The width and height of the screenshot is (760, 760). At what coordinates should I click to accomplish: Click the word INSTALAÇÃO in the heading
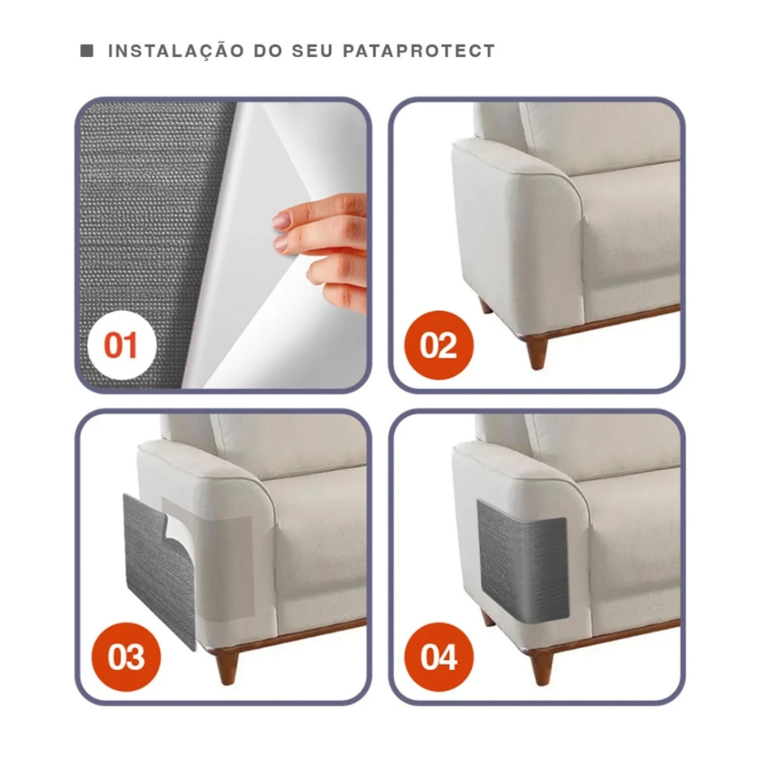pyautogui.click(x=176, y=50)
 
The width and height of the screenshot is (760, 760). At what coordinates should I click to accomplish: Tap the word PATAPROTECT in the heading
pyautogui.click(x=419, y=51)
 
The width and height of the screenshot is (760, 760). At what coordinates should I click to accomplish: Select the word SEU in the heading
pyautogui.click(x=312, y=51)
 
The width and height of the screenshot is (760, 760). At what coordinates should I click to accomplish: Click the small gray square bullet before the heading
pyautogui.click(x=87, y=50)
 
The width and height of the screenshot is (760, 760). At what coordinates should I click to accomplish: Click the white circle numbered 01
pyautogui.click(x=122, y=345)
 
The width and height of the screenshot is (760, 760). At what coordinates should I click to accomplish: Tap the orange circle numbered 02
pyautogui.click(x=439, y=345)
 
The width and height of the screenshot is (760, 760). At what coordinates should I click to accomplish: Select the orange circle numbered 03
pyautogui.click(x=126, y=657)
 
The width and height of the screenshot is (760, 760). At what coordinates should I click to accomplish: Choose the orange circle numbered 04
pyautogui.click(x=439, y=657)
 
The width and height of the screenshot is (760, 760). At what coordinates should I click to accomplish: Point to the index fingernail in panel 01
pyautogui.click(x=281, y=220)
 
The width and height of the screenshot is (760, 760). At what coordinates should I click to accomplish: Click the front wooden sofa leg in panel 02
pyautogui.click(x=537, y=351)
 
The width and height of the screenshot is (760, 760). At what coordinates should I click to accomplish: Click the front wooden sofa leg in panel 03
pyautogui.click(x=227, y=666)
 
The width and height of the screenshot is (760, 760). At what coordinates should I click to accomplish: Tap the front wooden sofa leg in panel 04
pyautogui.click(x=542, y=666)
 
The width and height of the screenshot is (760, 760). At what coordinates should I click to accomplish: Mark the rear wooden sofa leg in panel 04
pyautogui.click(x=488, y=618)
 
